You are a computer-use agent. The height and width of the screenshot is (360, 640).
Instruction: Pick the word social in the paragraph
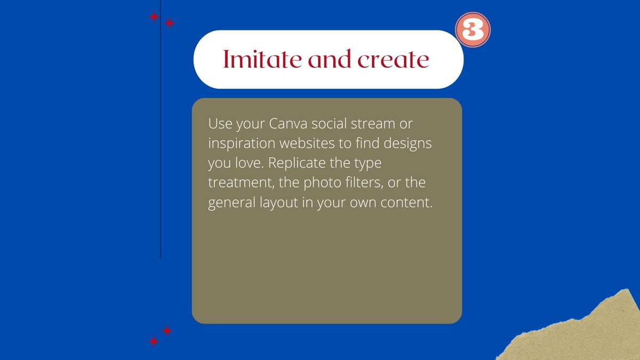pos(329,124)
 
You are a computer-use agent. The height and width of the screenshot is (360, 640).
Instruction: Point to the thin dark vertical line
pos(161,160)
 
